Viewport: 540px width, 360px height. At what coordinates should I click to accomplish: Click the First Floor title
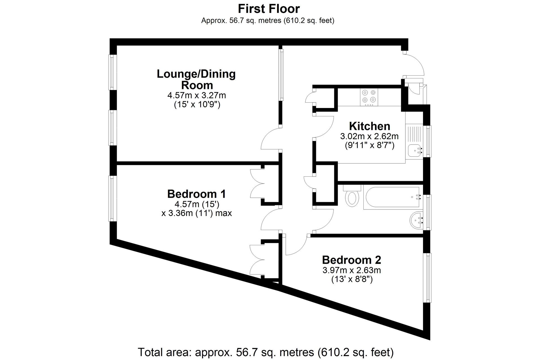point(269,9)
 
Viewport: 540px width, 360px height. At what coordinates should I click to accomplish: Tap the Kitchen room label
point(370,126)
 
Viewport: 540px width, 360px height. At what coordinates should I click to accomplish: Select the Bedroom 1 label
point(196,194)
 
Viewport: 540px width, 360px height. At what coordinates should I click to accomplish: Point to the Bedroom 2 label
point(351,260)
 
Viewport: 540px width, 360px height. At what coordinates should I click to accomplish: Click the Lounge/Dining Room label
point(196,79)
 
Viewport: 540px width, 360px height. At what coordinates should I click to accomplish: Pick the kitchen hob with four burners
point(369,97)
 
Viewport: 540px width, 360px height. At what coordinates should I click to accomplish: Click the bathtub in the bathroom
point(393,197)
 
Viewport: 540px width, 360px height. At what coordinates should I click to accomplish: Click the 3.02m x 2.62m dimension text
point(369,136)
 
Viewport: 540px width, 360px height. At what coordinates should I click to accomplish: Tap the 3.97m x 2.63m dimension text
point(352,270)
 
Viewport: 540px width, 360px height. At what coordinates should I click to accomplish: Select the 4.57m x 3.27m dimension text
point(197,95)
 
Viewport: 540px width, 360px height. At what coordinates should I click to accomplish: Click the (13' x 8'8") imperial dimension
point(352,280)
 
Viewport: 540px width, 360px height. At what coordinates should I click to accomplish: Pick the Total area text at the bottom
point(265,352)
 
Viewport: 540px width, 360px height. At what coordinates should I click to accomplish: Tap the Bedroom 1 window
point(112,198)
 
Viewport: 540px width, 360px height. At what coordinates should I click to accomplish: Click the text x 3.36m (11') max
point(197,213)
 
